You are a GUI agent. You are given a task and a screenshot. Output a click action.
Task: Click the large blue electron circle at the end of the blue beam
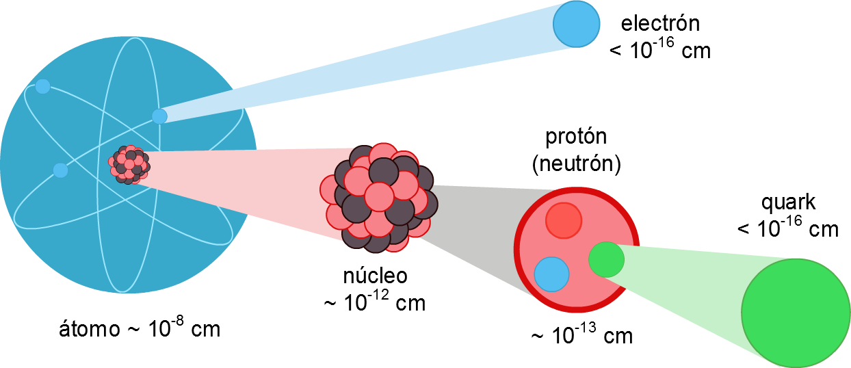pyautogui.click(x=577, y=24)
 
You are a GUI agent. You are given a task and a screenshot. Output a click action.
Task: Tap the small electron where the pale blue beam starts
pyautogui.click(x=159, y=116)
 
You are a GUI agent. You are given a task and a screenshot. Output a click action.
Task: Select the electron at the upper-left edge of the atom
pyautogui.click(x=42, y=86)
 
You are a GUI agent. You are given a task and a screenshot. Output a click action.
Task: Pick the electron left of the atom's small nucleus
pyautogui.click(x=60, y=170)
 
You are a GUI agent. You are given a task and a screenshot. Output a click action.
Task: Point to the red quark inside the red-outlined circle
pyautogui.click(x=564, y=220)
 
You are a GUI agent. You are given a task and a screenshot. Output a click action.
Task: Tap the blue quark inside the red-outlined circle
pyautogui.click(x=551, y=274)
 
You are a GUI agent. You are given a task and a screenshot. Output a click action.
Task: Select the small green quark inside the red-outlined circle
pyautogui.click(x=606, y=260)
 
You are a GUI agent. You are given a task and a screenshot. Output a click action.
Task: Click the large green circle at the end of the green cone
pyautogui.click(x=796, y=313)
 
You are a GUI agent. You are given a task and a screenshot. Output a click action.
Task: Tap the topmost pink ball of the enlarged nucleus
pyautogui.click(x=383, y=154)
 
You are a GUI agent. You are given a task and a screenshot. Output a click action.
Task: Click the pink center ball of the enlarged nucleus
pyautogui.click(x=379, y=196)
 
